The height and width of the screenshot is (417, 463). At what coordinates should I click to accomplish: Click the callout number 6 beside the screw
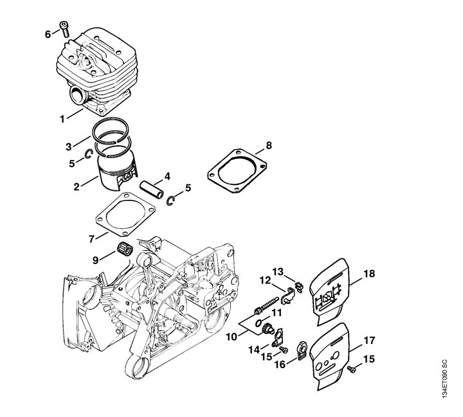tap(48, 33)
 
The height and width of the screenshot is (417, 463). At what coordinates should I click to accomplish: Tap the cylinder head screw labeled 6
tap(64, 26)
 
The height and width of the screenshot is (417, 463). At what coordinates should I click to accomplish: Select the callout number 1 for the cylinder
tap(62, 118)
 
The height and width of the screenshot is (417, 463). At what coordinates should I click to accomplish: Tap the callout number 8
tap(269, 145)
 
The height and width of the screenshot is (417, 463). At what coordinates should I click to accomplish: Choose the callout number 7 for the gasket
tap(92, 238)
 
